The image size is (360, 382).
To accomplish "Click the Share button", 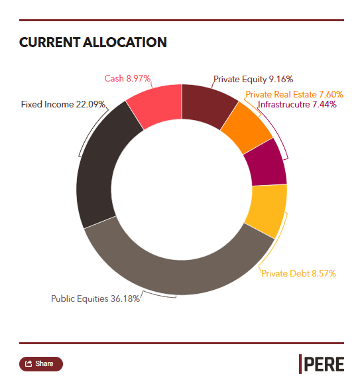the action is coord(41,364).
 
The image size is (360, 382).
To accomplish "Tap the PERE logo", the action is coord(322,364).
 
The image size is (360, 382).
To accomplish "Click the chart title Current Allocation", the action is coord(93,42).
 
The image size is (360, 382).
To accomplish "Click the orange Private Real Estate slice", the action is coord(246,128).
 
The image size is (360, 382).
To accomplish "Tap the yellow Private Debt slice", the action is coord(267,210).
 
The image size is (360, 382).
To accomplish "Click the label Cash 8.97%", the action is coord(127,78).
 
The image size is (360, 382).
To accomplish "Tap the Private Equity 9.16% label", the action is coord(253,80).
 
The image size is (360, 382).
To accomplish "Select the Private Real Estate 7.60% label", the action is coord(294,94).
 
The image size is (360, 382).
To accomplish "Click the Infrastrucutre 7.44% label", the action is coord(297,104).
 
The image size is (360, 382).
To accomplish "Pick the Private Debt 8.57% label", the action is coord(298,273).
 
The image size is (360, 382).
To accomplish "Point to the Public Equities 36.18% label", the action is coord(95,298).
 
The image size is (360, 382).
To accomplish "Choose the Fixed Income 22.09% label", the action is coord(63,104).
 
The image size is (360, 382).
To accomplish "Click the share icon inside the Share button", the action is coord(29,363).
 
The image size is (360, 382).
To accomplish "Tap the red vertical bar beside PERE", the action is coord(300,364).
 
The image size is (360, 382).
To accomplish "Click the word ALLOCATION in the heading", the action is coord(125,42).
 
